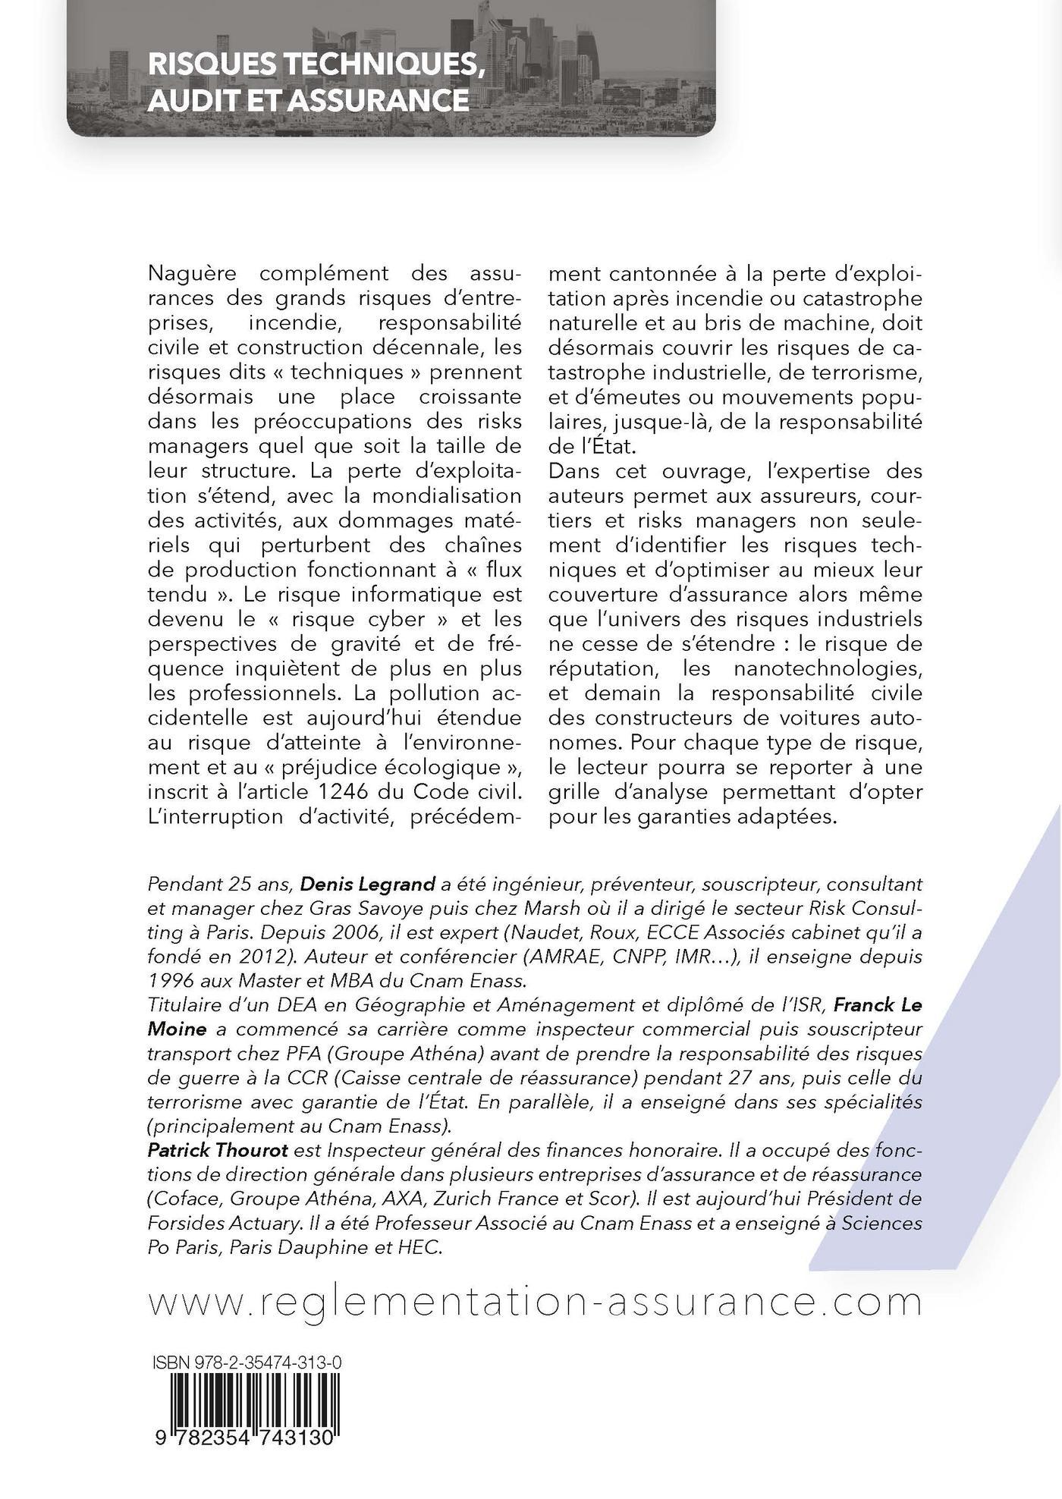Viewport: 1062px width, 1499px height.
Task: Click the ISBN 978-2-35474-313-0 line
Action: coord(246,1363)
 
